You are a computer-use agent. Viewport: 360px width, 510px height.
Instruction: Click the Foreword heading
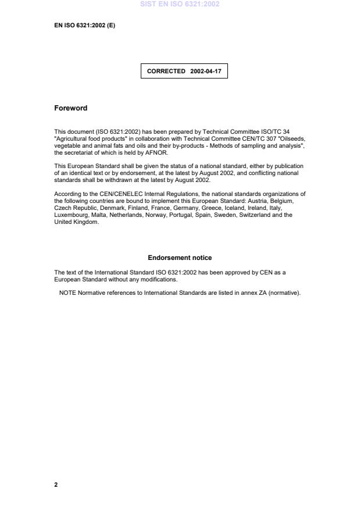pos(70,108)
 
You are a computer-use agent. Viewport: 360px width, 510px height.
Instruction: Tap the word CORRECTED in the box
pos(166,72)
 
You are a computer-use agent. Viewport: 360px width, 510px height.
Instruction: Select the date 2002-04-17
pos(205,72)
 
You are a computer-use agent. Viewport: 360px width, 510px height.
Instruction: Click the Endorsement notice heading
pos(180,258)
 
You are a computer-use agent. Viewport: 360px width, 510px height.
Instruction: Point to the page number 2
pos(56,484)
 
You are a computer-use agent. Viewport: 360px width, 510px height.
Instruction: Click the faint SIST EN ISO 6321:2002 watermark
pos(180,4)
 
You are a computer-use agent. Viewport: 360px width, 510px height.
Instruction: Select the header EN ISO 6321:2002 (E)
pos(84,25)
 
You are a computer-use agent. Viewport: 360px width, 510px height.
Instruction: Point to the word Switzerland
pos(255,215)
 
